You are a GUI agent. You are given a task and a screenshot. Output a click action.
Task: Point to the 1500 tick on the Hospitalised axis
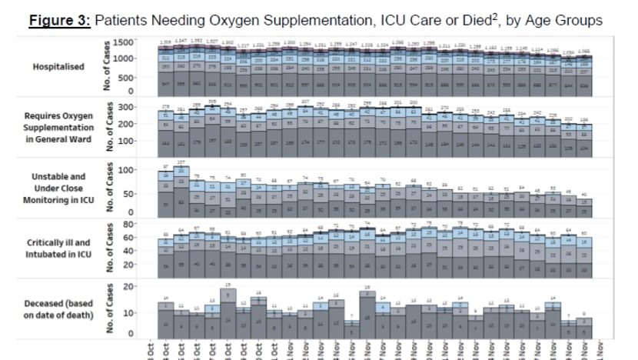click(125, 42)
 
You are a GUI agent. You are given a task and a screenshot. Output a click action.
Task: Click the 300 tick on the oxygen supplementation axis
click(128, 108)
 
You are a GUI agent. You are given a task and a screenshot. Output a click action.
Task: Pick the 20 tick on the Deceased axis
click(130, 286)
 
